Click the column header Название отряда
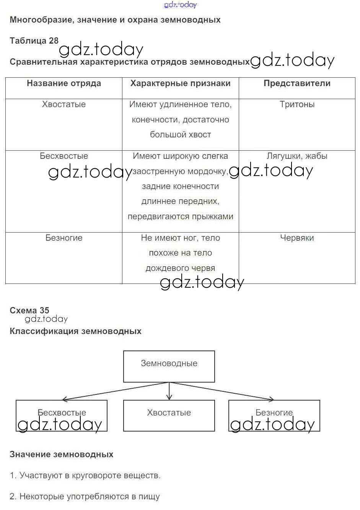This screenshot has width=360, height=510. pos(64,83)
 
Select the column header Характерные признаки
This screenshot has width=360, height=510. pos(180,83)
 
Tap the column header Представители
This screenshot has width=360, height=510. pos(297,83)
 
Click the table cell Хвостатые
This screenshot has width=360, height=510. pos(64,104)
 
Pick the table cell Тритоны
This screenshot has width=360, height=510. pos(297,104)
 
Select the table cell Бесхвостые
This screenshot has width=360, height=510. pos(64,156)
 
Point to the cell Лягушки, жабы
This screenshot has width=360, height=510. pos(297,156)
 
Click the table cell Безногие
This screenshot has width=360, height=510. pos(64,238)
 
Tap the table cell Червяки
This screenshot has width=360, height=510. pos(297,238)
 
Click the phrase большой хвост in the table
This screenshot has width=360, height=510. pos(180,135)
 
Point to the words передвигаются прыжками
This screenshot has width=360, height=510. pos(180,217)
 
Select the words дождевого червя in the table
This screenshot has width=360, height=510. pos(180,268)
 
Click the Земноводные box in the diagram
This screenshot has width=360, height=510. pos(169,366)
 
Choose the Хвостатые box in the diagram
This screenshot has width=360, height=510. pos(169,415)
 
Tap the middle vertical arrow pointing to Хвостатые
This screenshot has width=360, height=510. pos(169,391)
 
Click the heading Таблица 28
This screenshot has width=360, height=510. pos(34,41)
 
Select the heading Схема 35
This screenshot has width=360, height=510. pos(29,310)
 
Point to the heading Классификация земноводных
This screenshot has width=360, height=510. pos(75,331)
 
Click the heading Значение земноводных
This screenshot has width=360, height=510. pos(62,455)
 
